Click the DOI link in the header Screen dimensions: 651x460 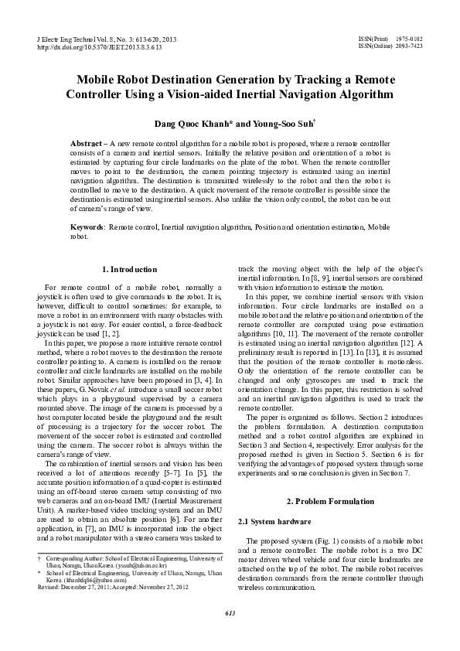tap(99, 46)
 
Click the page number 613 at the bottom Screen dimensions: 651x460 tap(230, 635)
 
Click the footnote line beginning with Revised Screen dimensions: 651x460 tap(101, 609)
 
